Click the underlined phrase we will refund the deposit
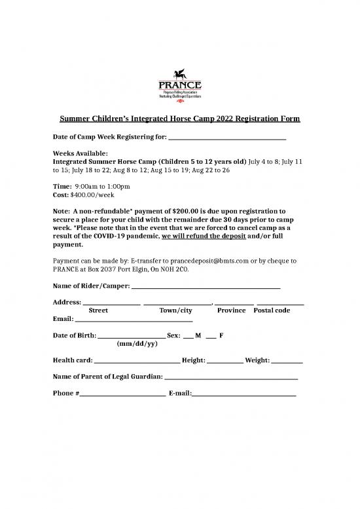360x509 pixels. tap(202, 237)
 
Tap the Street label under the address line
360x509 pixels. tap(98, 311)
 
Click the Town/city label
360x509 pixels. tap(175, 311)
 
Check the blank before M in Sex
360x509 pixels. tap(189, 335)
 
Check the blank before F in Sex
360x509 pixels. tap(211, 335)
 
